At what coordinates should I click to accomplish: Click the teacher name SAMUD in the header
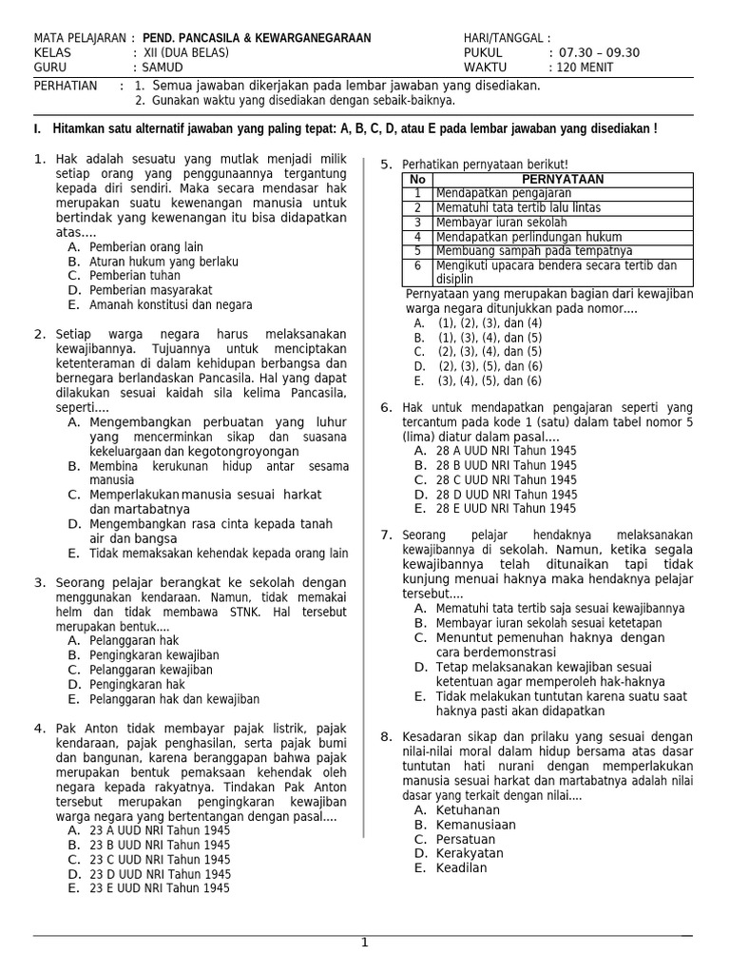coord(163,68)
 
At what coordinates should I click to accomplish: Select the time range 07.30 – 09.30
coord(600,53)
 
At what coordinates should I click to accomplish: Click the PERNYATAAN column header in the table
coord(563,179)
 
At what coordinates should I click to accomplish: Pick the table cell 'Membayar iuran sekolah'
coord(496,222)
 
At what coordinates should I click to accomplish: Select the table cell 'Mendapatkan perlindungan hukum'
coord(528,237)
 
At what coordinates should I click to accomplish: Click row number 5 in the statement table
coord(416,251)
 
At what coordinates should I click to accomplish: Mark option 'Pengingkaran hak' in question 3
coord(137,684)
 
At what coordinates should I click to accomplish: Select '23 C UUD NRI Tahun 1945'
coord(160,859)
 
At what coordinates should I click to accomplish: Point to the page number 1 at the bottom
coord(364,943)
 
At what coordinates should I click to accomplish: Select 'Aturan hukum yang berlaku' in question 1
coord(163,261)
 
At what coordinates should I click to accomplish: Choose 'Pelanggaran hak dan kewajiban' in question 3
coord(174,699)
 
